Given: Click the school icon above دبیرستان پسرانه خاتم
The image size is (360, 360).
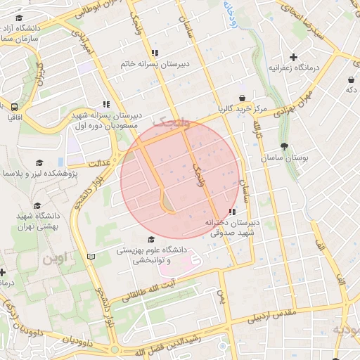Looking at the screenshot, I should [x=155, y=53].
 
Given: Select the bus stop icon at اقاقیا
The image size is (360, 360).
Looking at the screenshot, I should [x=14, y=107].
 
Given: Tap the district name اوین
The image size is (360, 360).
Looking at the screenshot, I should [x=59, y=258].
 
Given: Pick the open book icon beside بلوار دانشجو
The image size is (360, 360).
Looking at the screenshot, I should [x=90, y=256].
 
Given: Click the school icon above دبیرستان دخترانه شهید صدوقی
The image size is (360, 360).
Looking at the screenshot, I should [x=232, y=212].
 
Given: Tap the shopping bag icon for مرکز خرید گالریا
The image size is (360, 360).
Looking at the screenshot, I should [x=242, y=98].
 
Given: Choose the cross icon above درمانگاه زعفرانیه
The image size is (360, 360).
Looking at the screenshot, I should [x=293, y=57].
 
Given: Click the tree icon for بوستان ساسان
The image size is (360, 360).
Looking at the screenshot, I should [x=284, y=147].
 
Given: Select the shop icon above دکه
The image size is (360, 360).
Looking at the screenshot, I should [x=349, y=79].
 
